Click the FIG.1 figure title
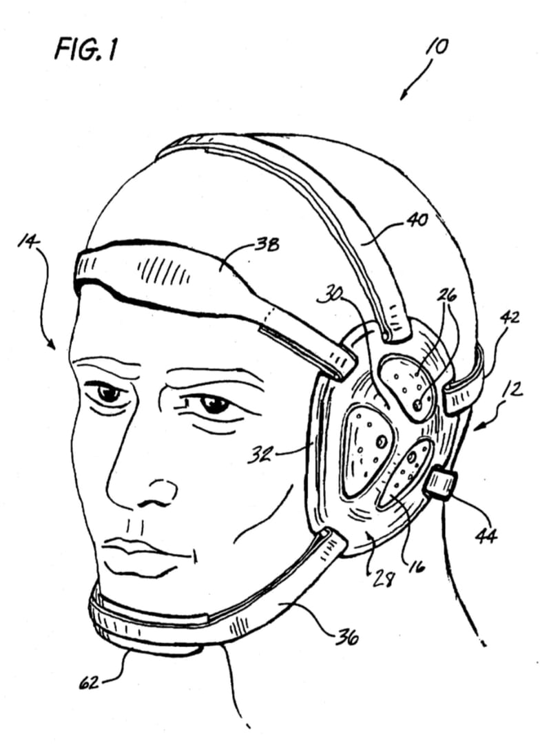coord(85,49)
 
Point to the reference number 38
coord(267,245)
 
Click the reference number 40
coord(417,220)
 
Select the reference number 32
coord(260,455)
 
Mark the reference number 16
coord(417,566)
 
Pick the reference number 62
coord(88,682)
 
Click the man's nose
coord(143,481)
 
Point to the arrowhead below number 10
coord(403,96)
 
